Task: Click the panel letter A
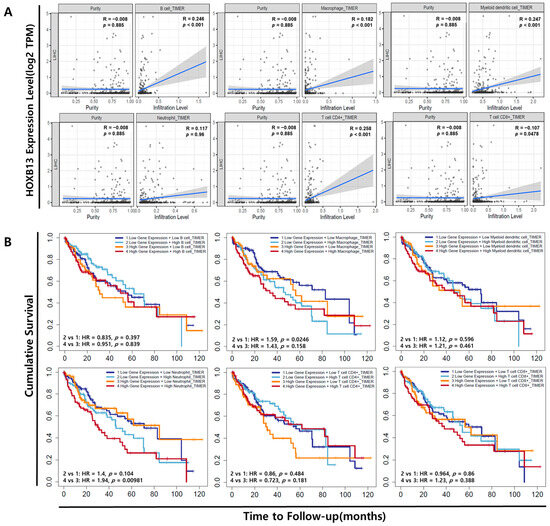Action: (8, 7)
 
